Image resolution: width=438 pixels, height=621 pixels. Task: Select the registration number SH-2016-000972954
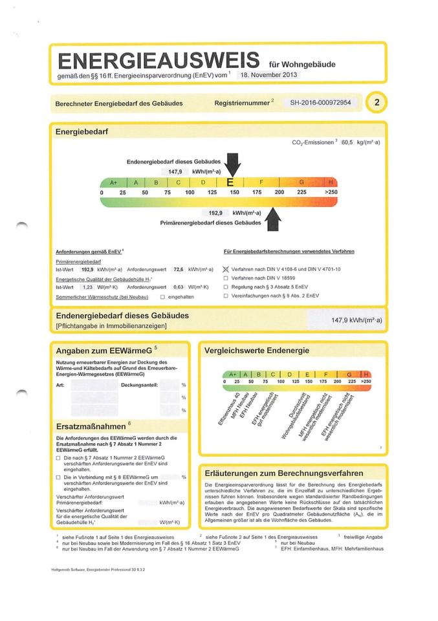pyautogui.click(x=320, y=102)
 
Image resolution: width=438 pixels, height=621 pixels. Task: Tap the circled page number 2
pyautogui.click(x=377, y=102)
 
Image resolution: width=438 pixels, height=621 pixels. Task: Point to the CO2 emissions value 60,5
pyautogui.click(x=347, y=142)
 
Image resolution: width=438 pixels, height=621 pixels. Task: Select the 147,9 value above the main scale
pyautogui.click(x=175, y=171)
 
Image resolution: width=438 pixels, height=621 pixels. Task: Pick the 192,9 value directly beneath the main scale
pyautogui.click(x=215, y=212)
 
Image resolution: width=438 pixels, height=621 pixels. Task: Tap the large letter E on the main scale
pyautogui.click(x=230, y=183)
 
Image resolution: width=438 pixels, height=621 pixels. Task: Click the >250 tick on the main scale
pyautogui.click(x=330, y=193)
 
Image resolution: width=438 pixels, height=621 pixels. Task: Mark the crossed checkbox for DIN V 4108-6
pyautogui.click(x=226, y=268)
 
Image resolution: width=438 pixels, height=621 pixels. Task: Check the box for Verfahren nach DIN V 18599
pyautogui.click(x=226, y=278)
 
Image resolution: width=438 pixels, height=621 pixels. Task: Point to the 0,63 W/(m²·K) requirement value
pyautogui.click(x=178, y=287)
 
